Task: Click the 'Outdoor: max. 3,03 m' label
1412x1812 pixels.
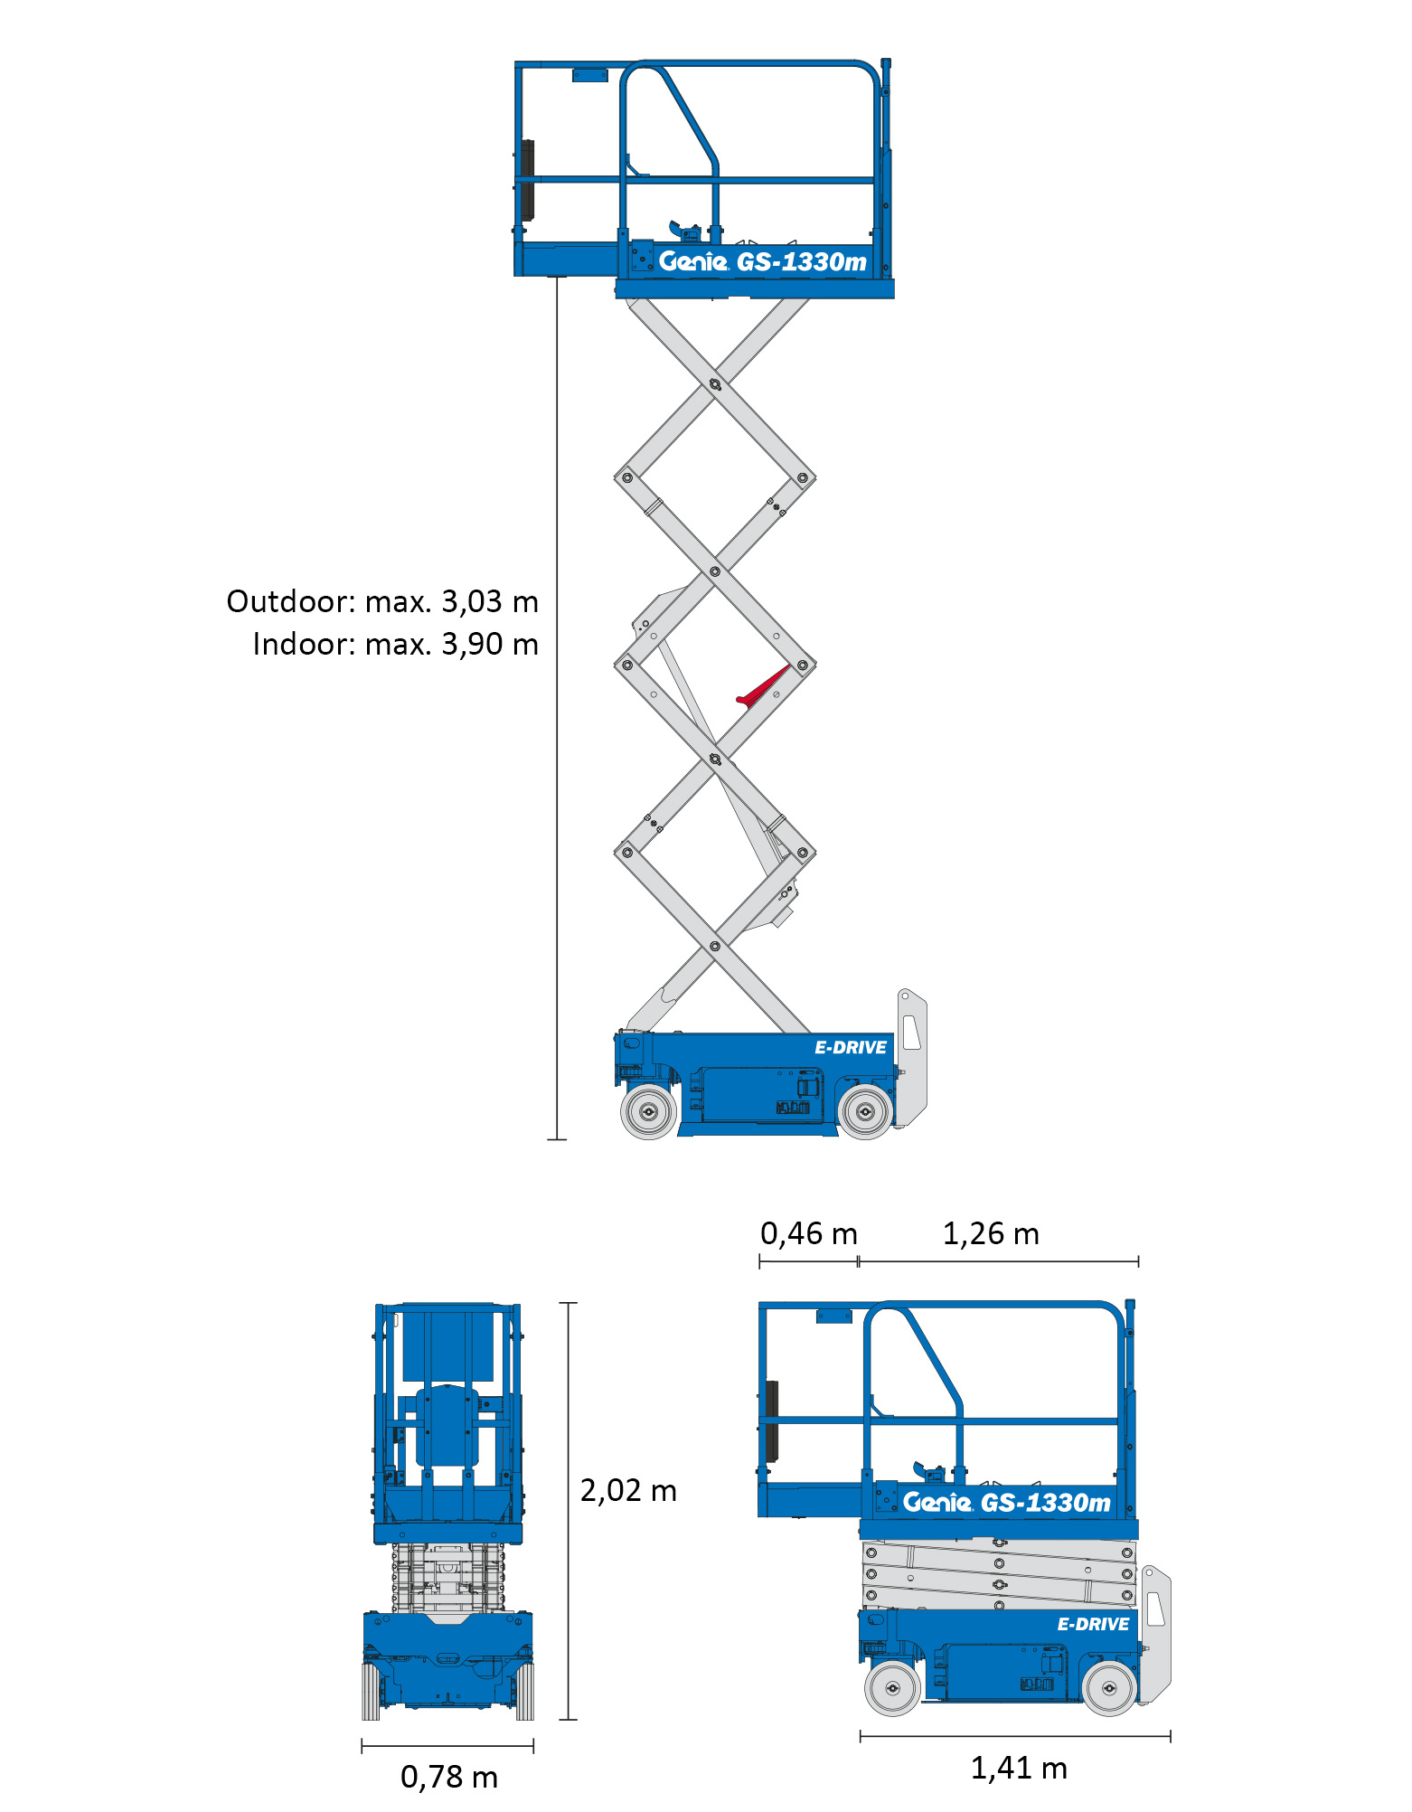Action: pos(382,602)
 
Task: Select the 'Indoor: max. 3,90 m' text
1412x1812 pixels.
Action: pos(396,645)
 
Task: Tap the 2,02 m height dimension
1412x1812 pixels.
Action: pos(628,1491)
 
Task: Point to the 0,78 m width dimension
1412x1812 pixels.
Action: pos(449,1778)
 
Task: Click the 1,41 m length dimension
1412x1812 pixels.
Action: pos(1019,1769)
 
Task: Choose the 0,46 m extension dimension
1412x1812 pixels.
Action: pos(808,1233)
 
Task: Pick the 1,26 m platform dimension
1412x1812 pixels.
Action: pos(991,1233)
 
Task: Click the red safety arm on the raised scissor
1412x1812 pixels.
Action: pos(762,685)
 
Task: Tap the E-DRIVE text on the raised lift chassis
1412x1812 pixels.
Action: pos(851,1048)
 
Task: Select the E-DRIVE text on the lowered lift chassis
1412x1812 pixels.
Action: pos(1093,1625)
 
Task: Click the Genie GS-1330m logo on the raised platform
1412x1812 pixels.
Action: pos(763,261)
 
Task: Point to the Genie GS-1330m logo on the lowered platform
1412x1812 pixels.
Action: pos(1006,1503)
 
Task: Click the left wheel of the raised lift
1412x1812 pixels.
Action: pos(648,1112)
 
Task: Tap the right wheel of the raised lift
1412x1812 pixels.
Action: pos(865,1112)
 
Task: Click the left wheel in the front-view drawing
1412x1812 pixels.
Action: pos(371,1692)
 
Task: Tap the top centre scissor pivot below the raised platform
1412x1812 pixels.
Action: pos(715,385)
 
